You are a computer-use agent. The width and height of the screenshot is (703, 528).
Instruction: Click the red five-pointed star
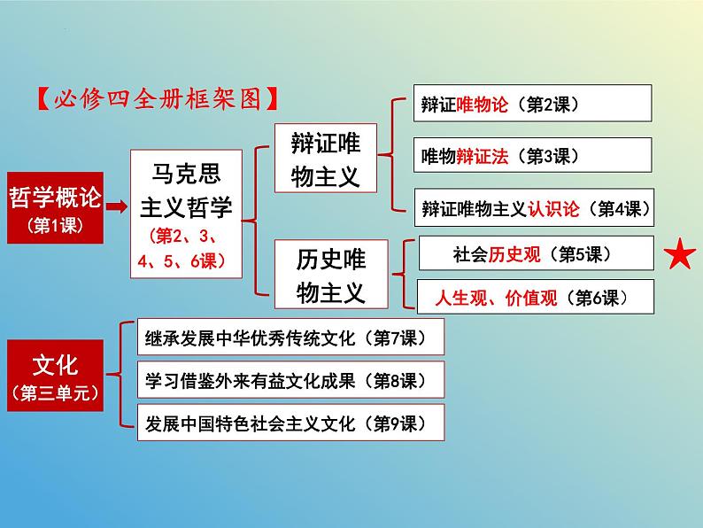click(x=679, y=254)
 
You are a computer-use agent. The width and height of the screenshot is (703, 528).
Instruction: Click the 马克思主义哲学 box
click(x=186, y=214)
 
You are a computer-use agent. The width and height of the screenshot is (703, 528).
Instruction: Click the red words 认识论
click(x=553, y=209)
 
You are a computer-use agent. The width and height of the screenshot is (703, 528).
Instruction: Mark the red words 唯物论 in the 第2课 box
click(x=483, y=105)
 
